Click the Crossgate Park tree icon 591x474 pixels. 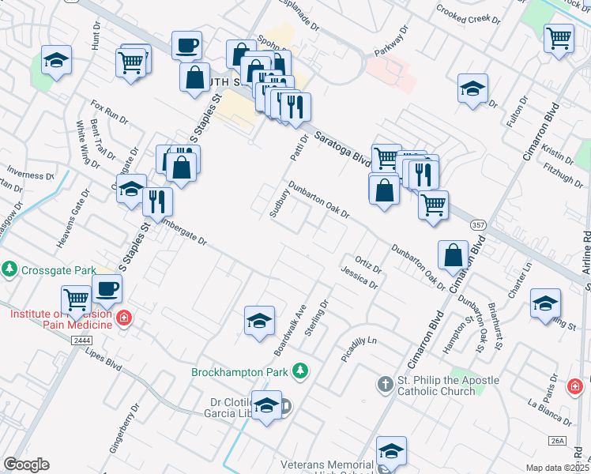9,269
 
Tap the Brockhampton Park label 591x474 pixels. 240,371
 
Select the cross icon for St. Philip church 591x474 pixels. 385,384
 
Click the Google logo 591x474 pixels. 27,465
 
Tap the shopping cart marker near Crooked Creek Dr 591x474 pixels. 559,37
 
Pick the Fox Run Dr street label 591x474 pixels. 109,111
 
